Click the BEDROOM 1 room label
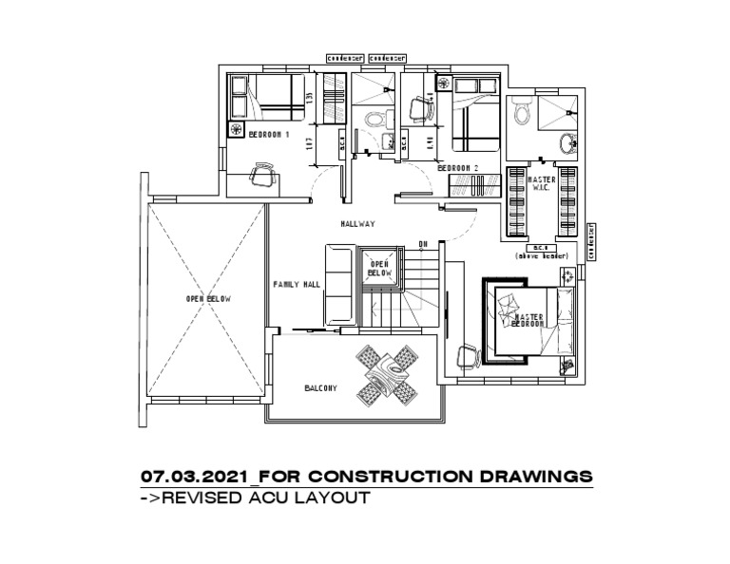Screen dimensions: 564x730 [269, 135]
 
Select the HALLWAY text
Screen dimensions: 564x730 [358, 224]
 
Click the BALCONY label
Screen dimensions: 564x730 [321, 387]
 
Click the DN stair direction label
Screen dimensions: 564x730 [423, 245]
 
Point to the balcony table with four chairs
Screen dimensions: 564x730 [387, 372]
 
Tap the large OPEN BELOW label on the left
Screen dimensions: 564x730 [208, 298]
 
